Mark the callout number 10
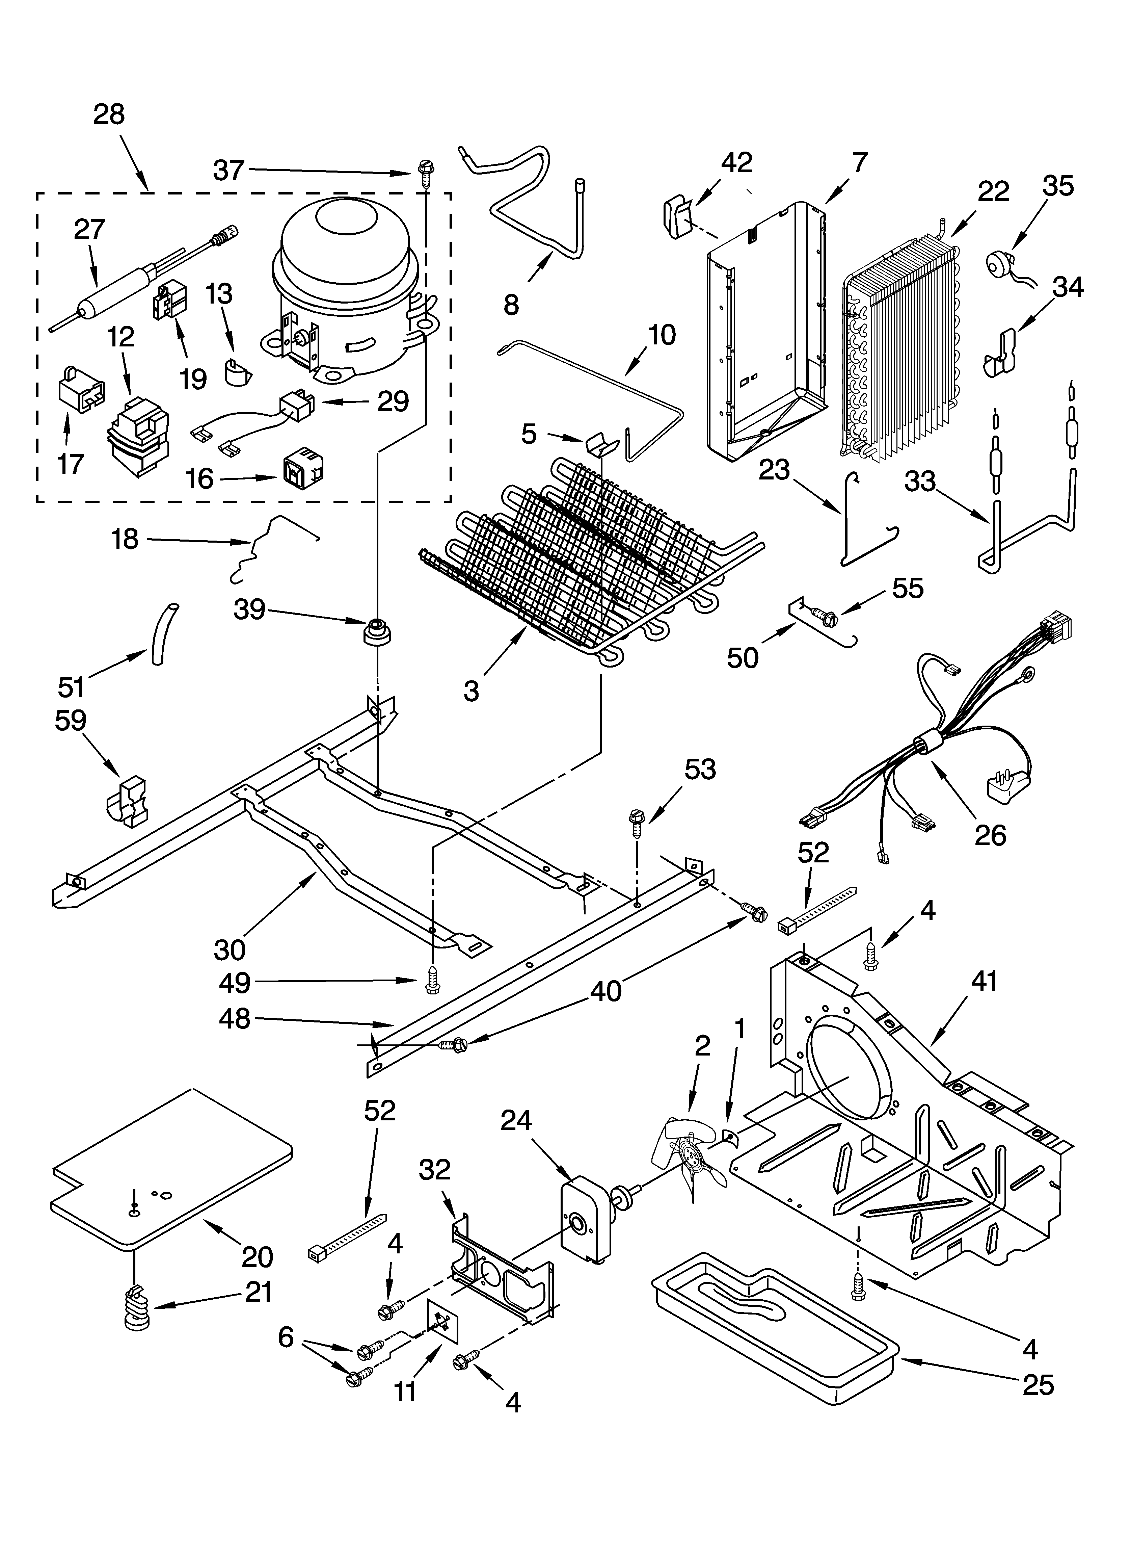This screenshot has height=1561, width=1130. coord(662,335)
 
